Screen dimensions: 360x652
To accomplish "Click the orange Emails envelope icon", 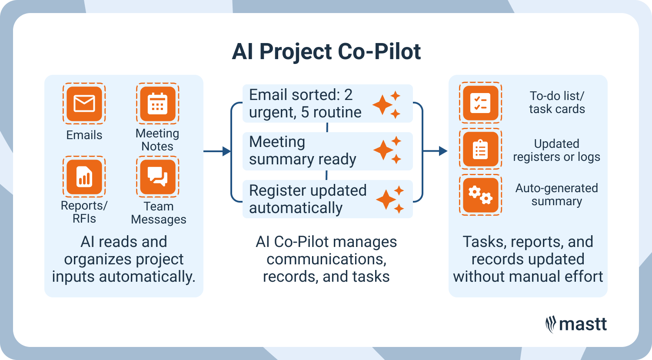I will [84, 104].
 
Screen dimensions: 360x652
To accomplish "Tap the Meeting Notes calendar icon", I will [157, 104].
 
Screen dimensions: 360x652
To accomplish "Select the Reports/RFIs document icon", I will [84, 177].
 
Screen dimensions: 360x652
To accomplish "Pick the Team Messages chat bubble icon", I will [157, 177].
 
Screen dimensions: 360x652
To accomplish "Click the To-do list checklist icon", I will [480, 103].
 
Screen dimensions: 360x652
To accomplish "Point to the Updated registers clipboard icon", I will [480, 150].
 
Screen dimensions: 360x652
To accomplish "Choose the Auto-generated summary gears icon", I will [480, 195].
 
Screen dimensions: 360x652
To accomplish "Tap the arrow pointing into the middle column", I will [217, 151].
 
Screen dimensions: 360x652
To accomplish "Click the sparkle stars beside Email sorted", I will [386, 104].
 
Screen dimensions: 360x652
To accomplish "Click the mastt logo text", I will [583, 324].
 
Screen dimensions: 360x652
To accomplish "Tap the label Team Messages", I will [158, 213].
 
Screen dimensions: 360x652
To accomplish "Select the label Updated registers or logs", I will [556, 150].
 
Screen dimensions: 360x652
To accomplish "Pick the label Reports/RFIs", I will [84, 212].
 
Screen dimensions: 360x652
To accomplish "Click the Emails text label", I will [84, 135].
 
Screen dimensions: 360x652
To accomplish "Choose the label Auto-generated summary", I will [556, 195].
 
